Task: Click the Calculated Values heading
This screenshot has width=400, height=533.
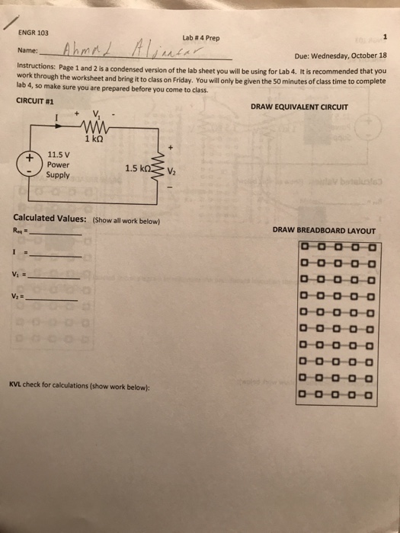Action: tap(52, 220)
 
